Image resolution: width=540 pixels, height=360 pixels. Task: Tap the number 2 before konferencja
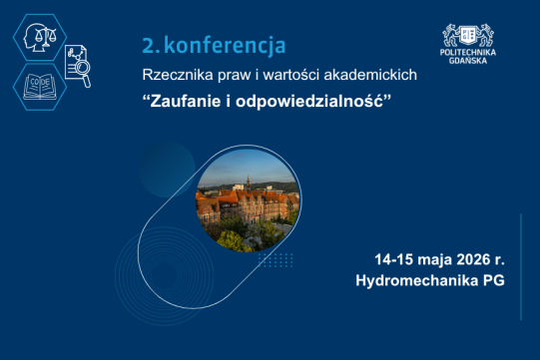click(147, 45)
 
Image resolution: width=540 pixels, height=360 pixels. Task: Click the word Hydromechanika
click(417, 280)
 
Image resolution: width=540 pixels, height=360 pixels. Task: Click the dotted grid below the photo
click(274, 260)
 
